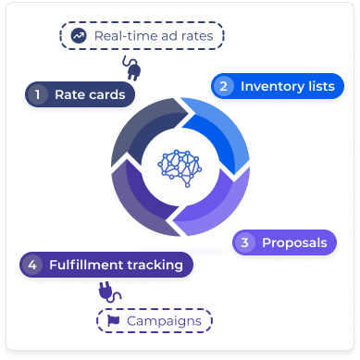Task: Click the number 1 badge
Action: coord(39,94)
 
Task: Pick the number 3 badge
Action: coord(245,243)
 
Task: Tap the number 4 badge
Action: coord(33,265)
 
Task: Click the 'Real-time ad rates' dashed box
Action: coord(143,36)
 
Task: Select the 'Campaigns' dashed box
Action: coord(155,320)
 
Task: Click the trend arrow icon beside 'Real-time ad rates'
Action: coord(77,36)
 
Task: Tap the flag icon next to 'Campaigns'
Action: coord(112,321)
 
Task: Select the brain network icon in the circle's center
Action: coord(180,164)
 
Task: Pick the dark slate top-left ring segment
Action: coord(139,130)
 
